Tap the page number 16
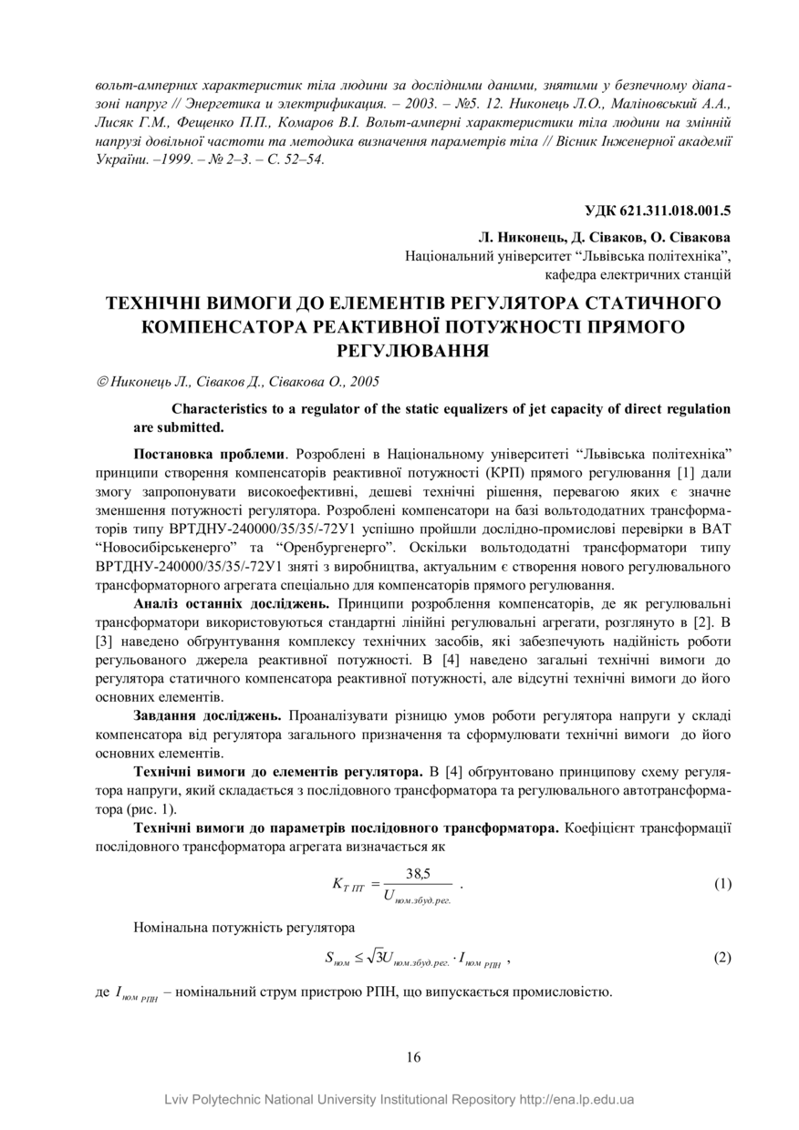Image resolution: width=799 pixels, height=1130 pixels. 413,1057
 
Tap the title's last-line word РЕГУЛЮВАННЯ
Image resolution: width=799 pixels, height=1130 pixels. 413,350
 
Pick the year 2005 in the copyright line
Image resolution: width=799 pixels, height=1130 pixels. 365,383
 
